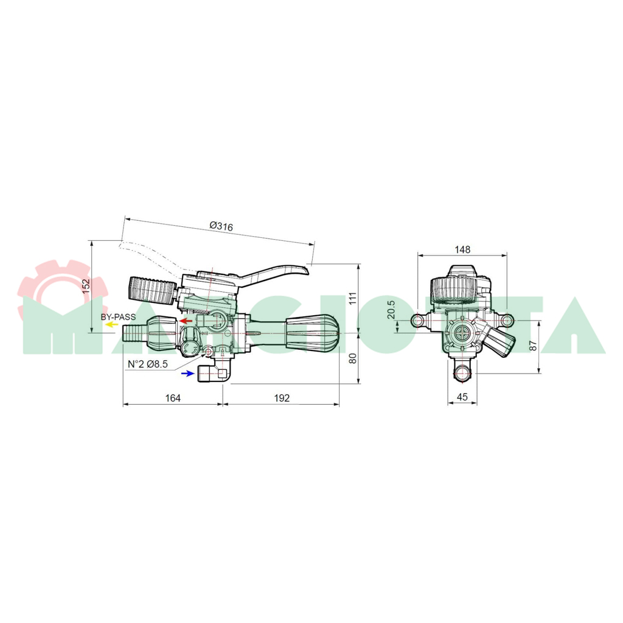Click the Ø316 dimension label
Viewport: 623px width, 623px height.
tap(221, 226)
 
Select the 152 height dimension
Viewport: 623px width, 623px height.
tap(86, 286)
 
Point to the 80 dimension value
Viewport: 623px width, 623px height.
tap(353, 358)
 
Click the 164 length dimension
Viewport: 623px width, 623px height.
tap(172, 398)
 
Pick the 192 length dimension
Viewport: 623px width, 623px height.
tap(282, 398)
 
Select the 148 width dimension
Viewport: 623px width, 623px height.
tap(462, 249)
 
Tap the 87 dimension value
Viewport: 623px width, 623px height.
tap(534, 346)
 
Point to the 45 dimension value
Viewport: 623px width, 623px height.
tap(462, 397)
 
